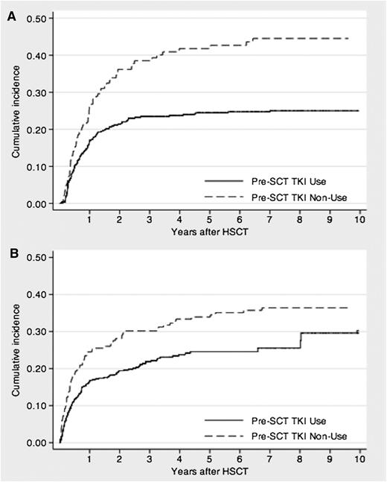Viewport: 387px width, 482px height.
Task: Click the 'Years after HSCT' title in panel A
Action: (210, 232)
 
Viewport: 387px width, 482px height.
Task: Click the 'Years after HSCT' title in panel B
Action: (210, 471)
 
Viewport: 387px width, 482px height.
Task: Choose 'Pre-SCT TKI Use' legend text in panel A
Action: (280, 180)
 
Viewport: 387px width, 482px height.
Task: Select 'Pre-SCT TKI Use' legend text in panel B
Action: (280, 419)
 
